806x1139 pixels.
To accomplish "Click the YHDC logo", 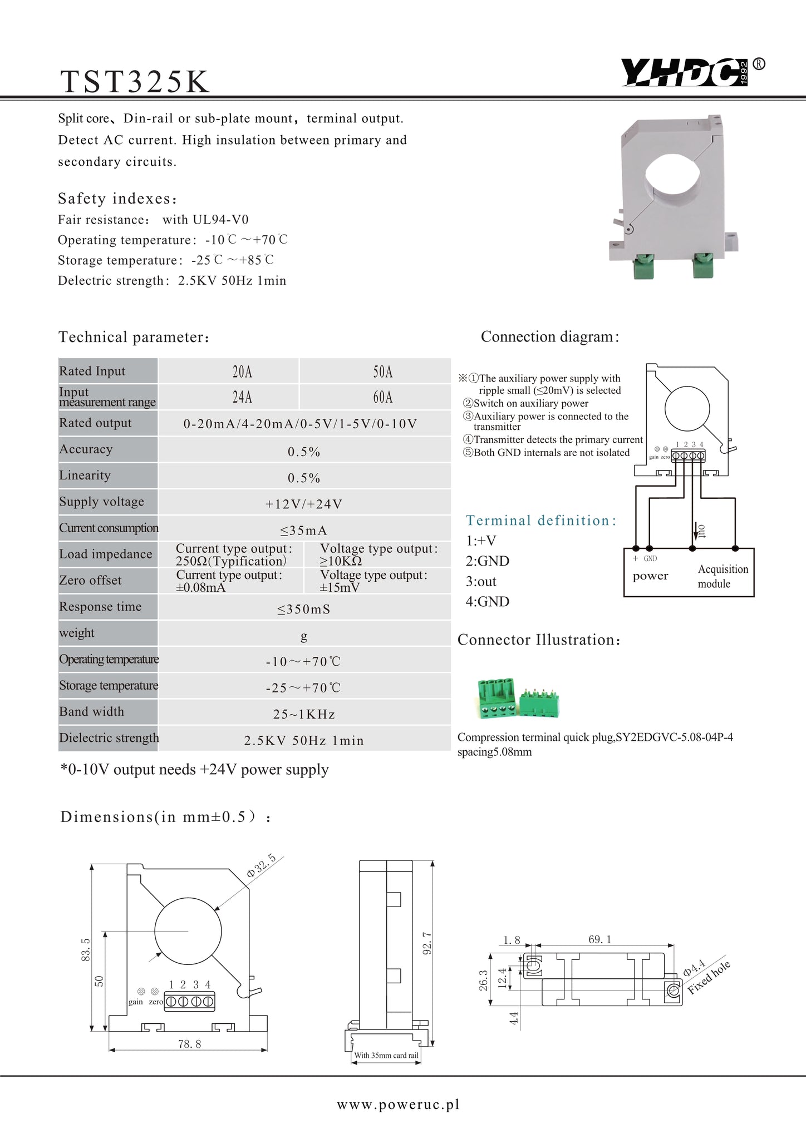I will coord(686,73).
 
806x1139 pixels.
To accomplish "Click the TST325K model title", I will coord(135,81).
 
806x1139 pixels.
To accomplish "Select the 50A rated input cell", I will coord(383,372).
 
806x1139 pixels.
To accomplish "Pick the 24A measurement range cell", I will coord(242,397).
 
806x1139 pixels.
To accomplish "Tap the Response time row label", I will coord(100,607).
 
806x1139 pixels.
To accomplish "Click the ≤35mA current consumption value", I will coord(303,531).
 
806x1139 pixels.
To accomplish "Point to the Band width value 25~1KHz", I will coord(304,714).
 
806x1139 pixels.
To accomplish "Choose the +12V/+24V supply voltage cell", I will coord(304,504).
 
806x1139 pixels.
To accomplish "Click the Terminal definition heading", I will coord(541,521).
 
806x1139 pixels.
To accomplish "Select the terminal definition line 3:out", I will coord(481,582).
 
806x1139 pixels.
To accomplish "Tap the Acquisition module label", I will coord(723,576).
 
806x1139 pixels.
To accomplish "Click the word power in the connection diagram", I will coord(650,576).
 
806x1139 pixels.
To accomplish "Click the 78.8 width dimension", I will coord(189,1044).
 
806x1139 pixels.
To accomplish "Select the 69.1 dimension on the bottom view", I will coord(599,939).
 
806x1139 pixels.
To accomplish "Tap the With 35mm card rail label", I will coord(386,1055).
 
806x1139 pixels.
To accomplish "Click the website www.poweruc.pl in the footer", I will coord(398,1105).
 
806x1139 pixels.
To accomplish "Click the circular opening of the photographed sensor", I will coord(674,177).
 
